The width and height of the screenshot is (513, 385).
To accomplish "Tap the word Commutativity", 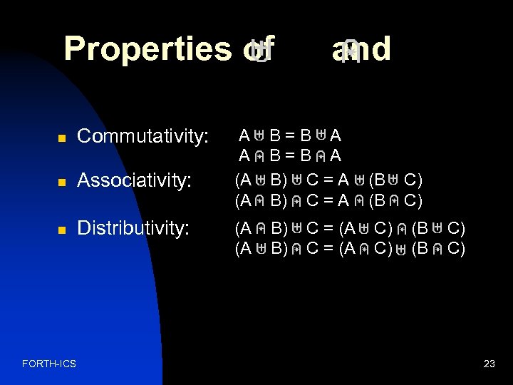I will click(x=142, y=136).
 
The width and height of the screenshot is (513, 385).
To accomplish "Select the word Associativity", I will click(x=134, y=182).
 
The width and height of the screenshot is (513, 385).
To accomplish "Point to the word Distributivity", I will click(x=133, y=228).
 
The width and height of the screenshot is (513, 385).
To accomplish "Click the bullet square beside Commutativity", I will click(x=61, y=137).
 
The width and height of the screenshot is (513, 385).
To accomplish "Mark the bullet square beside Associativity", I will click(x=61, y=183).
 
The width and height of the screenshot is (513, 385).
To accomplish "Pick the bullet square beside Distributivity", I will click(x=61, y=229).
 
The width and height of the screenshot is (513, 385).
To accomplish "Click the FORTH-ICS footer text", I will click(x=49, y=364).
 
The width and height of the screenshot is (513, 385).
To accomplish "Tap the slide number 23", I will click(x=489, y=364).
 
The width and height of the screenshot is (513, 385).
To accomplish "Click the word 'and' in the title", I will click(x=361, y=50).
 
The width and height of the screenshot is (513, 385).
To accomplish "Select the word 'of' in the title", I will click(x=255, y=50).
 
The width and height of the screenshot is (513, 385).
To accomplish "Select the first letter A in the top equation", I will click(x=244, y=135).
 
